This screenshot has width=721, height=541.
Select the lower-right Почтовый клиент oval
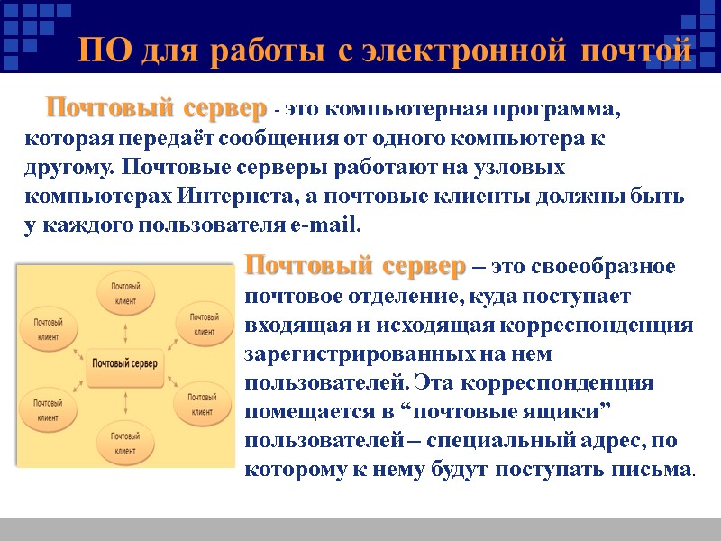pyautogui.click(x=203, y=403)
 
